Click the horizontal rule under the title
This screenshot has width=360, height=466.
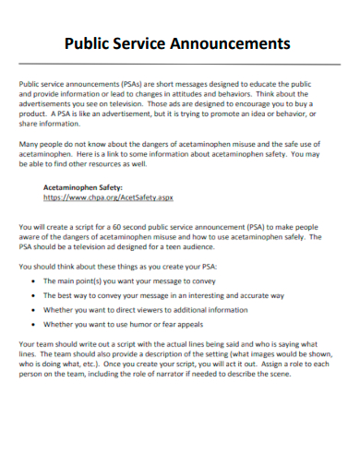179,64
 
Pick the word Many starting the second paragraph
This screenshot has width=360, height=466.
30,144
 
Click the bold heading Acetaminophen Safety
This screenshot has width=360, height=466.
84,186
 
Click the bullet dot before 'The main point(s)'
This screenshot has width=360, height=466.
33,280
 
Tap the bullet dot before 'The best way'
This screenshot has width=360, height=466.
33,295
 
